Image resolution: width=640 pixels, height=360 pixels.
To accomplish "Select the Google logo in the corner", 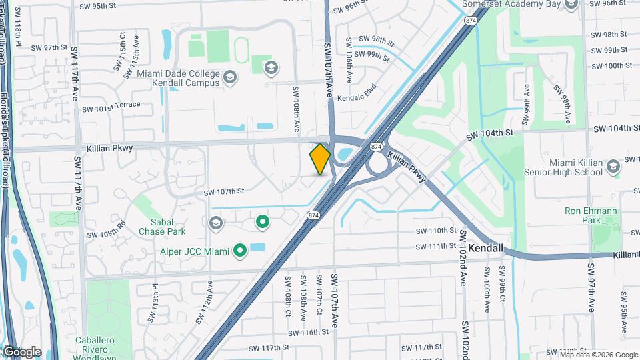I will (x=22, y=351).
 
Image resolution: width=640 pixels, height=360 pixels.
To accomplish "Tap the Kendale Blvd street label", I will (x=357, y=97).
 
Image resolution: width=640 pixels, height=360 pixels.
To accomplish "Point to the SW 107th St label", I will (x=224, y=193).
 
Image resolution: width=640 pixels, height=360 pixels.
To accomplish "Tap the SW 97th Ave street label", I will (x=591, y=287).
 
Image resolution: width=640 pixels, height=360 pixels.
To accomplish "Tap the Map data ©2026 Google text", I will (x=598, y=355).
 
